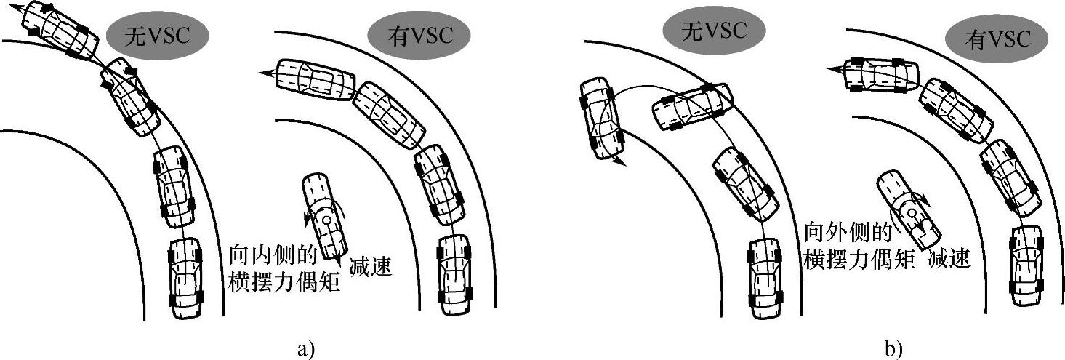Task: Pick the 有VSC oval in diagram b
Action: [x=997, y=38]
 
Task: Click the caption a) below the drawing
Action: [x=306, y=348]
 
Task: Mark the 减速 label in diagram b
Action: [x=949, y=258]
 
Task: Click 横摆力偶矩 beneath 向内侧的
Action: [x=285, y=281]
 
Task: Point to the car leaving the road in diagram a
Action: [x=62, y=29]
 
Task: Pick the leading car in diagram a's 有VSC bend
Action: [x=314, y=76]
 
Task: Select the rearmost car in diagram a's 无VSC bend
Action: [x=185, y=277]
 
